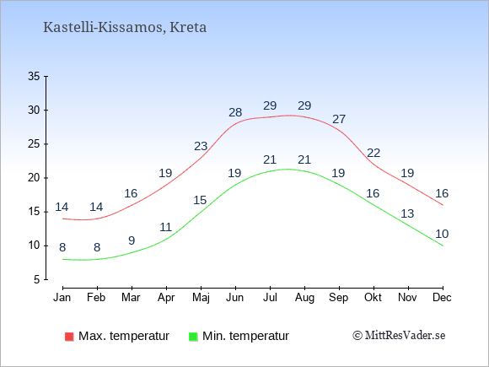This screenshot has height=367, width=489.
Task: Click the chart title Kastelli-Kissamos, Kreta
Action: (125, 28)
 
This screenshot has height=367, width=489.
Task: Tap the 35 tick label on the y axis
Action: (34, 76)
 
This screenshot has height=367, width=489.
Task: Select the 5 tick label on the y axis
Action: (37, 279)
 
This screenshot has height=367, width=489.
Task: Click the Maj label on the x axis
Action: (201, 298)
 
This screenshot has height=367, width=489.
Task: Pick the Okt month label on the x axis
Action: (373, 298)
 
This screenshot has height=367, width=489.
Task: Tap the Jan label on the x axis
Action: (62, 298)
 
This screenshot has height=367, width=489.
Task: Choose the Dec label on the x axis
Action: (442, 298)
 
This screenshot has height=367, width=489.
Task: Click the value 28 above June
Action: (235, 112)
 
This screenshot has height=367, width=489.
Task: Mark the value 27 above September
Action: (339, 119)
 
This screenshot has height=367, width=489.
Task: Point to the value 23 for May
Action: (201, 146)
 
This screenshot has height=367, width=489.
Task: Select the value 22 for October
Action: (373, 153)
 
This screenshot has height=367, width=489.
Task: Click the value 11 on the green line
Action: (166, 227)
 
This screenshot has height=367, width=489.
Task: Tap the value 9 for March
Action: (132, 240)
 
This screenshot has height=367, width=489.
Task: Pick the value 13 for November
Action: (407, 213)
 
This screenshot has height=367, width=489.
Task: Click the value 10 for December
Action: (442, 234)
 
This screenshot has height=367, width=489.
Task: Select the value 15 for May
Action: (200, 200)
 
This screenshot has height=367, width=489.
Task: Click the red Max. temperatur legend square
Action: (69, 337)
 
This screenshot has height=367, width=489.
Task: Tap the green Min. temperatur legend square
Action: (193, 337)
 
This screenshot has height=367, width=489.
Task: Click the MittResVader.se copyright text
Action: (399, 336)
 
